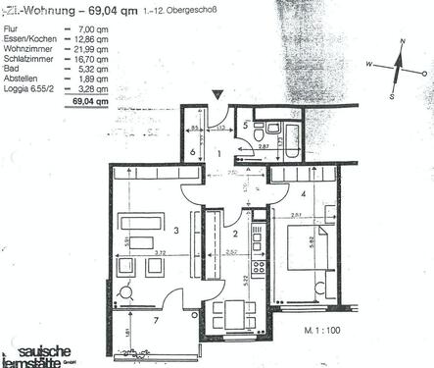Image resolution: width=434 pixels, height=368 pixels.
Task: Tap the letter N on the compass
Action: (401, 41)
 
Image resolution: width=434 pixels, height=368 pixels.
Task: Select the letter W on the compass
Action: (369, 63)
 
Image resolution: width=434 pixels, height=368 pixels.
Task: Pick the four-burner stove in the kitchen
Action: (259, 266)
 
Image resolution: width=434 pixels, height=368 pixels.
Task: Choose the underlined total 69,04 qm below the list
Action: (82, 101)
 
